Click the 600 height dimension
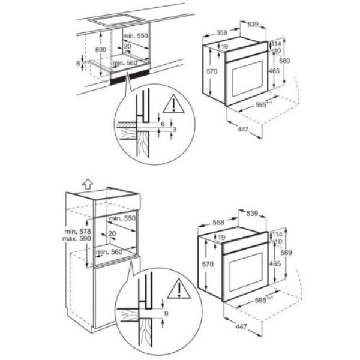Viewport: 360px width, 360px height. coord(100,49)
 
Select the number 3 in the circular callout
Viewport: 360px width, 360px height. coord(174,130)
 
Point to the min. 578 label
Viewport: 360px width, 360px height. coord(76,230)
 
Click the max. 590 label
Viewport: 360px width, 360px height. coord(76,238)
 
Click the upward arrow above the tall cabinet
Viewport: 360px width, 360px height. coord(88,183)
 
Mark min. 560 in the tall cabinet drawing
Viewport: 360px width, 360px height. coord(110,252)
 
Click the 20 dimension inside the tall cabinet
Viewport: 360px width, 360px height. coord(112,234)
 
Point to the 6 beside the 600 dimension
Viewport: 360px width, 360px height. coord(78,63)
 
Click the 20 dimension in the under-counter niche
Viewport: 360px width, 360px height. coord(127,46)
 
